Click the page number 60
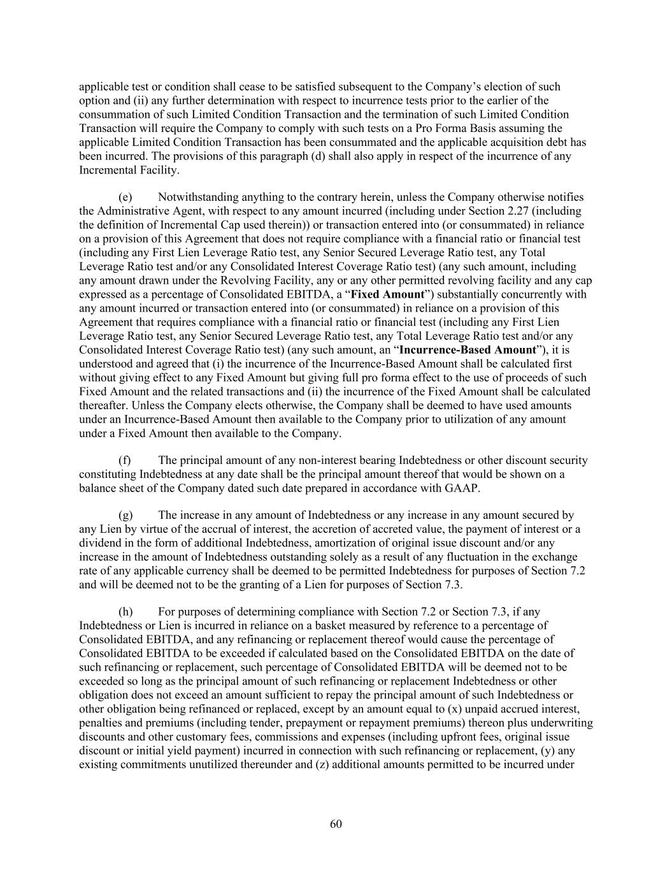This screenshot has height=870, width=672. (x=336, y=824)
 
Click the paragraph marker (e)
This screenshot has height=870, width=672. (x=125, y=197)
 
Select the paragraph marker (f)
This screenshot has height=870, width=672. (x=125, y=460)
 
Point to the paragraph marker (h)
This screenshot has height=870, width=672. (x=125, y=612)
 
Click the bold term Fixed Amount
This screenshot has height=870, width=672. (x=387, y=294)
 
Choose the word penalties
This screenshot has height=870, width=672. (x=101, y=723)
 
